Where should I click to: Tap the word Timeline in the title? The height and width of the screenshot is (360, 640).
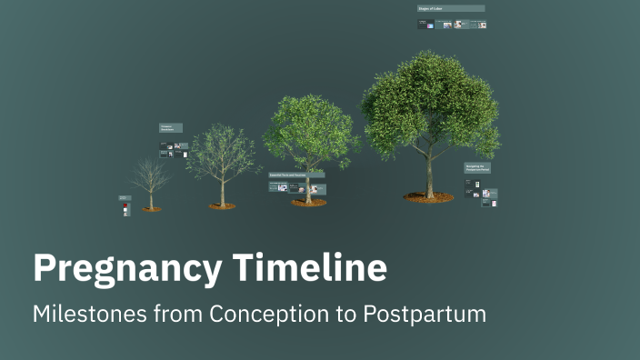coord(309,269)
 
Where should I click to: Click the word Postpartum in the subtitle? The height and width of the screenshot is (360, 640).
coord(425,314)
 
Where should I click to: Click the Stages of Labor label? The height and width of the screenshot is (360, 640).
coord(450,8)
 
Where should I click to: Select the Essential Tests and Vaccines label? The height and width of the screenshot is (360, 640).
coord(296,174)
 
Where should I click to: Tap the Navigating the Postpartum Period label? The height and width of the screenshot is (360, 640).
coord(478,168)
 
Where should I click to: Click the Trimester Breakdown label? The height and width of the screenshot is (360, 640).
coord(170,128)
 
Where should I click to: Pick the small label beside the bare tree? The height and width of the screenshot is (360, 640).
coord(125,197)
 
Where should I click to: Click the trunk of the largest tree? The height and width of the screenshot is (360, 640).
coord(430,173)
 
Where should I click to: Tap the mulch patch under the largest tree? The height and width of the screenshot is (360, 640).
coord(429,196)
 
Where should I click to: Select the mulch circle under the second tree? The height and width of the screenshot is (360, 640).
coord(223,205)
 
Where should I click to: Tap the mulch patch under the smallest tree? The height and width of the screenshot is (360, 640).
coord(151,209)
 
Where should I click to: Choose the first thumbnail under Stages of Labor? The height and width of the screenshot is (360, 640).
coord(424,25)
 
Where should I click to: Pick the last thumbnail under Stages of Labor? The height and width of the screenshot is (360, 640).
coord(482,25)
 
